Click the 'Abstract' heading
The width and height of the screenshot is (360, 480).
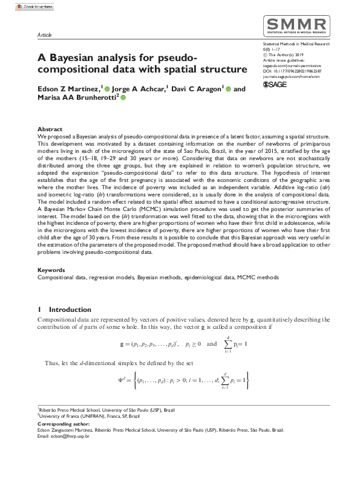point(50,129)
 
